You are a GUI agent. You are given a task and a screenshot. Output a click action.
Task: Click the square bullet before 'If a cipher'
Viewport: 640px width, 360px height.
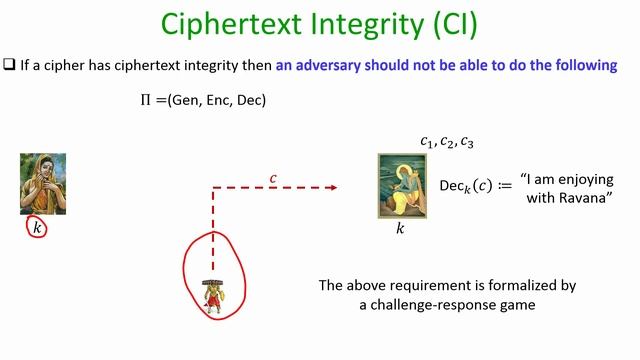(9, 66)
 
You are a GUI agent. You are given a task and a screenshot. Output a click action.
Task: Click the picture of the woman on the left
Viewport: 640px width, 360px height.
(43, 184)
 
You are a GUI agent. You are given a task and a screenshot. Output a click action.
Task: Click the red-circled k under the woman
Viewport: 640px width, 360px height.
(38, 228)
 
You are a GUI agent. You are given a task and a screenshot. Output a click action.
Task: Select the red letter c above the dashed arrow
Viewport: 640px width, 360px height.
(273, 179)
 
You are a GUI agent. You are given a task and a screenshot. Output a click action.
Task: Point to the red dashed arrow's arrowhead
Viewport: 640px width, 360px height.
(333, 187)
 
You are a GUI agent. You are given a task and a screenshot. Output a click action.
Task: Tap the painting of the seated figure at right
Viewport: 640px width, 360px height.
(400, 186)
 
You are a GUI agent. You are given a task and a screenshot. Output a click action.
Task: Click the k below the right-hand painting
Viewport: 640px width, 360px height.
(400, 229)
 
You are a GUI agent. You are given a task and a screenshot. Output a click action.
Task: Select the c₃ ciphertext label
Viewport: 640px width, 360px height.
(468, 142)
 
